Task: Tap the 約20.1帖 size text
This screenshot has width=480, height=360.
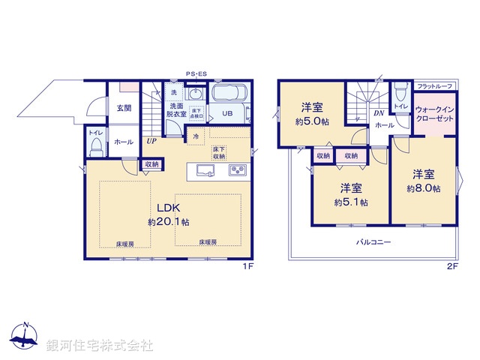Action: click(x=168, y=222)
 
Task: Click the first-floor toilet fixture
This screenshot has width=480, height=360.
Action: click(x=94, y=148)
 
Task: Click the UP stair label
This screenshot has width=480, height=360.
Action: click(x=151, y=140)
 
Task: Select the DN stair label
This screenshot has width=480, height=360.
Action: click(x=379, y=114)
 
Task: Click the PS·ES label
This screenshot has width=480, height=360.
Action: click(x=196, y=73)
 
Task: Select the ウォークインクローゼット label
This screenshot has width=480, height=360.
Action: click(x=435, y=113)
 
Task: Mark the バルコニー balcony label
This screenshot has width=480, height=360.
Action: click(x=372, y=242)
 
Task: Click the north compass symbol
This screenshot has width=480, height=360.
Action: click(x=26, y=337)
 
